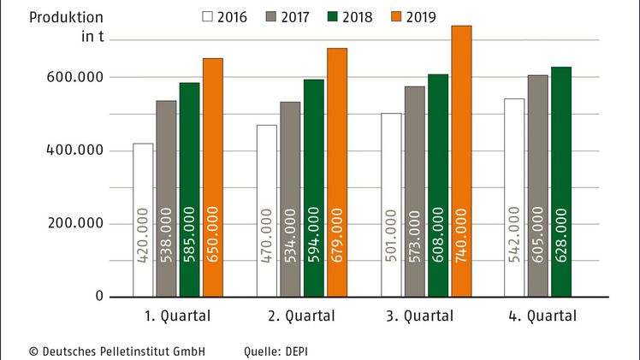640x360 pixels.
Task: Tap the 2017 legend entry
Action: (287, 16)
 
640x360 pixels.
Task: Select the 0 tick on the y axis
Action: (99, 297)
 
